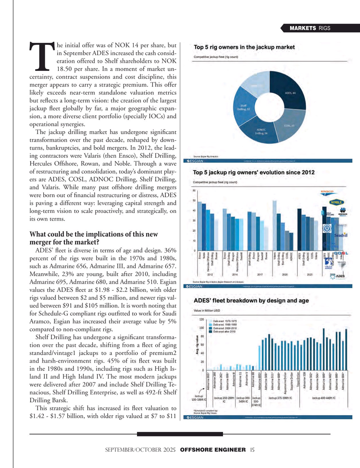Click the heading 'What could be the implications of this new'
click(93, 234)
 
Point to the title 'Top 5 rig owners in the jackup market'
click(244, 47)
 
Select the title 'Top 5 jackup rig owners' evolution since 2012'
click(254, 173)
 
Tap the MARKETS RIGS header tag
click(310, 28)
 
